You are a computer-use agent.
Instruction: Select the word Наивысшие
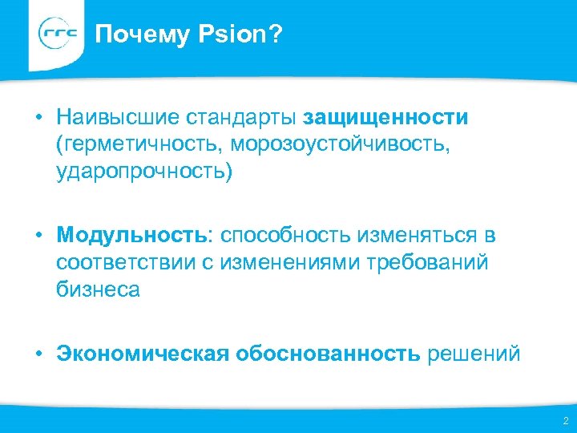click(x=118, y=118)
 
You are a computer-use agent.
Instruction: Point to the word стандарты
click(x=241, y=118)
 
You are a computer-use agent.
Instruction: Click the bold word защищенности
click(x=386, y=118)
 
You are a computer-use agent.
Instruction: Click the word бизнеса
click(x=98, y=289)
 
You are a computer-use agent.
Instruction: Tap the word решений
click(x=474, y=354)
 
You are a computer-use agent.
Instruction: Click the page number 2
click(x=565, y=420)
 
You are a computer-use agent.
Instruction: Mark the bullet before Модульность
click(x=38, y=236)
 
